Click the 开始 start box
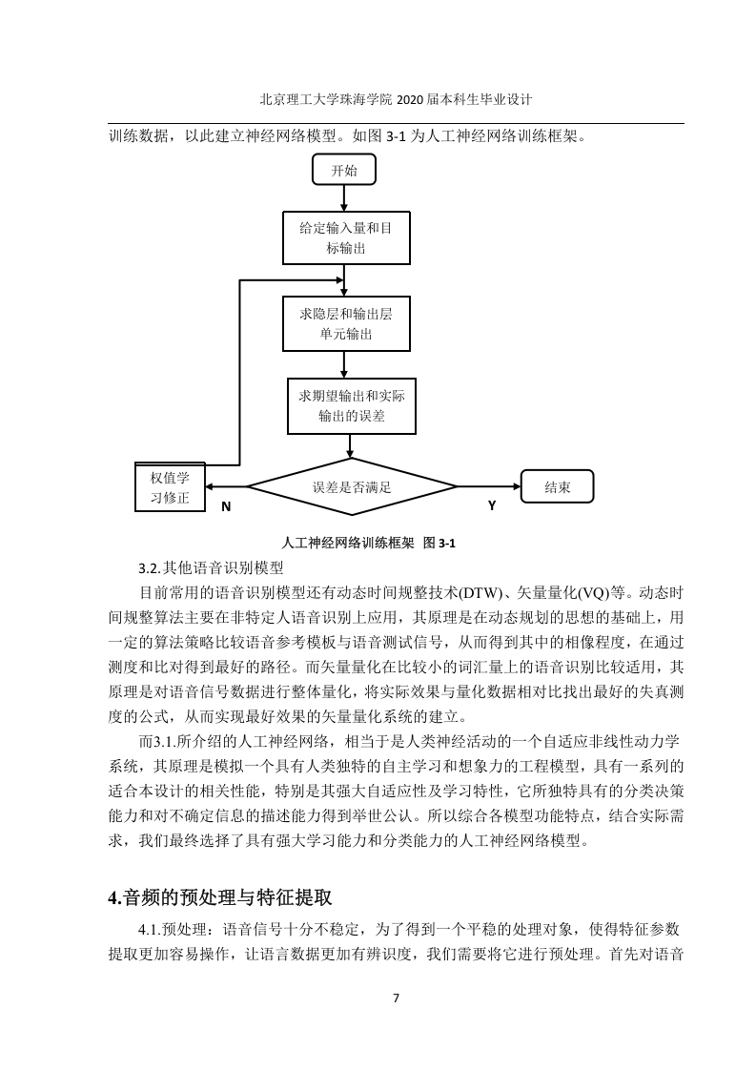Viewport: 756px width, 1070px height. click(344, 170)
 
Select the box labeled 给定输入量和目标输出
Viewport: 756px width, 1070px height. click(347, 237)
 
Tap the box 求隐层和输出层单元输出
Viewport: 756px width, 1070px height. click(347, 323)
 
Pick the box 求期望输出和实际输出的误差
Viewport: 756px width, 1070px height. click(352, 406)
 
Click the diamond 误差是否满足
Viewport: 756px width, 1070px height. click(352, 487)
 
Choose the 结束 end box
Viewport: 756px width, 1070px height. click(557, 486)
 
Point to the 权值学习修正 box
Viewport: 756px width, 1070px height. click(170, 487)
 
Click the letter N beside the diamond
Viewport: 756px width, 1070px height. click(227, 506)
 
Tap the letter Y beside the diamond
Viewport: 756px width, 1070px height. click(492, 505)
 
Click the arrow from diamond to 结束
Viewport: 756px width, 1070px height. click(488, 486)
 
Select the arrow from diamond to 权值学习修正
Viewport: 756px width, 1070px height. click(226, 487)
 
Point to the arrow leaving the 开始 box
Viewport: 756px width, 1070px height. click(344, 198)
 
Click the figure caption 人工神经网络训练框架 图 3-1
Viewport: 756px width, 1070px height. click(368, 544)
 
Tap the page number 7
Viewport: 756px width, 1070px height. click(397, 998)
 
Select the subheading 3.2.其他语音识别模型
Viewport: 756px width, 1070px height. click(211, 567)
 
